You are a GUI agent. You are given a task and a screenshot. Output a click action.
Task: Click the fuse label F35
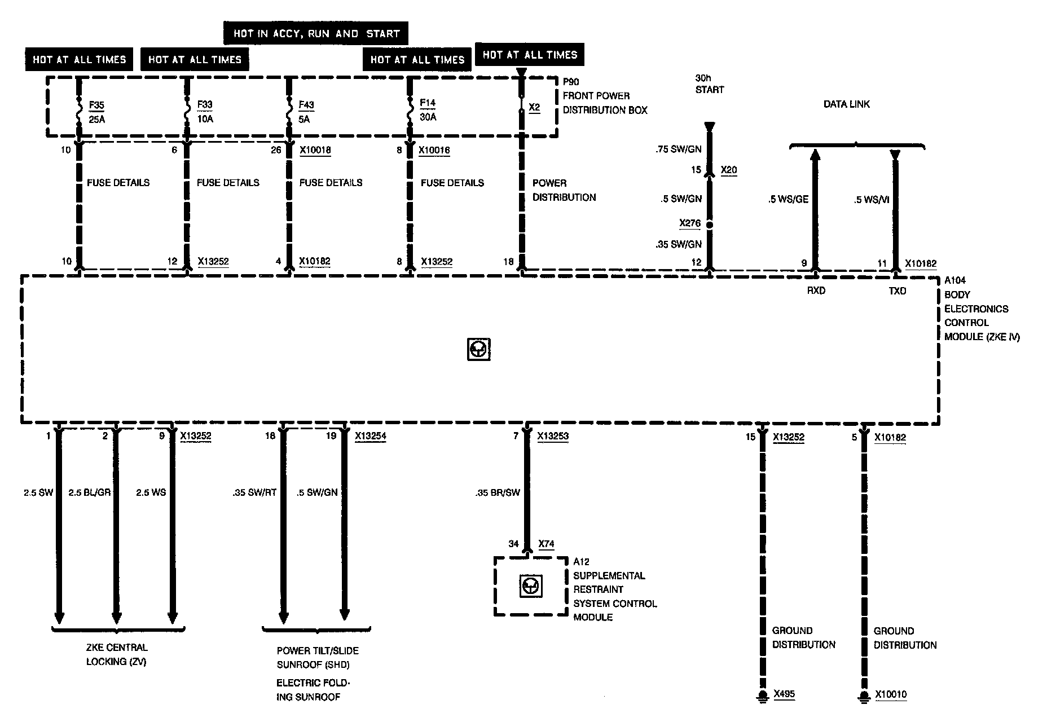tap(96, 105)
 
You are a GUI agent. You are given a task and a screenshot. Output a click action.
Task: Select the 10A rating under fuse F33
tap(205, 119)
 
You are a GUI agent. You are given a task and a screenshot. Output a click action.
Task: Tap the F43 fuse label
tap(306, 105)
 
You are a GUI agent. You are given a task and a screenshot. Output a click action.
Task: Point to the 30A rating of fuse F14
tap(428, 117)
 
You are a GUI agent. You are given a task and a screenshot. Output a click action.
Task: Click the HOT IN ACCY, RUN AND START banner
tap(316, 33)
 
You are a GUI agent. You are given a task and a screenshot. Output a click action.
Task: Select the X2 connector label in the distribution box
tap(534, 107)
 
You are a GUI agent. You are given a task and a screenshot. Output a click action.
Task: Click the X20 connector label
tap(729, 170)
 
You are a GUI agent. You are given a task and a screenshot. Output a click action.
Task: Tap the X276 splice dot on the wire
tap(710, 224)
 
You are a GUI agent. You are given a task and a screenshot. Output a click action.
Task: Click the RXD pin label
tap(816, 291)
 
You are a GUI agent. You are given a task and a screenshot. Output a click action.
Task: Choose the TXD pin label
tap(897, 291)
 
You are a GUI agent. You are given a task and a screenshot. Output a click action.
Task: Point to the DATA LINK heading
tap(846, 104)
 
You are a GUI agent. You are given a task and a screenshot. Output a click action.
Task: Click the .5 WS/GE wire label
tap(788, 199)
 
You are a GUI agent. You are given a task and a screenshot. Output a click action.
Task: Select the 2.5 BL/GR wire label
tap(89, 492)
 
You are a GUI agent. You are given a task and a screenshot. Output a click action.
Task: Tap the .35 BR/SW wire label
tap(498, 492)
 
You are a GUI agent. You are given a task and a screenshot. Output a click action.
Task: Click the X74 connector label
tap(546, 544)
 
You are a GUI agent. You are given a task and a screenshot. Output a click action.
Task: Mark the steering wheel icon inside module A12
tap(530, 587)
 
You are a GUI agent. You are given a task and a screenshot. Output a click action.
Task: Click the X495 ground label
tap(784, 694)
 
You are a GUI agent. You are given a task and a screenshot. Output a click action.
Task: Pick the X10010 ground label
tap(891, 694)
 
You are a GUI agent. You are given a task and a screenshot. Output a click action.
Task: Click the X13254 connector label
tap(371, 436)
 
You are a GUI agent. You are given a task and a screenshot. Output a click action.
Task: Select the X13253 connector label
tap(553, 436)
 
